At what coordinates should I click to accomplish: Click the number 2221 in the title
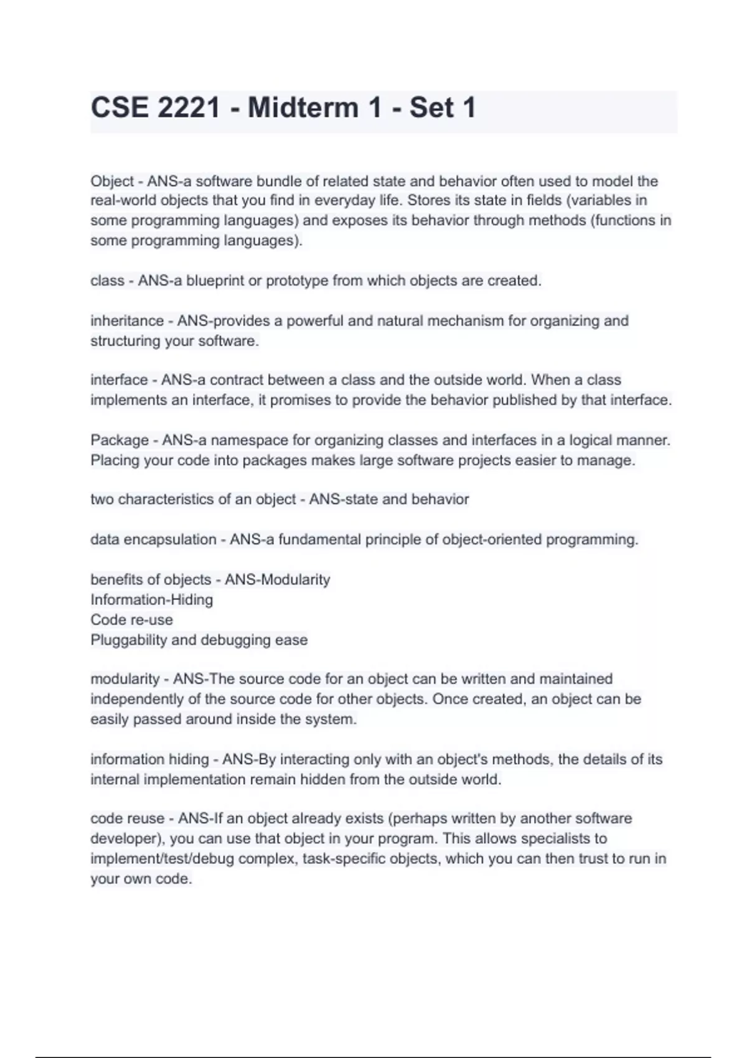tap(189, 108)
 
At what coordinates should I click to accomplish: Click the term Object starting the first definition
tap(112, 181)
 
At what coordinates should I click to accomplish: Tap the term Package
tap(120, 440)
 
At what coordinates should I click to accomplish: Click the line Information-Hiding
tap(151, 600)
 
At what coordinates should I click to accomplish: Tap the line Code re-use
tap(131, 620)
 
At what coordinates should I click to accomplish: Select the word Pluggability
tap(129, 640)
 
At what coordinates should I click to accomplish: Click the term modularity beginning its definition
tap(125, 679)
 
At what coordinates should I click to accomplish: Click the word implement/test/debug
tap(162, 859)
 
